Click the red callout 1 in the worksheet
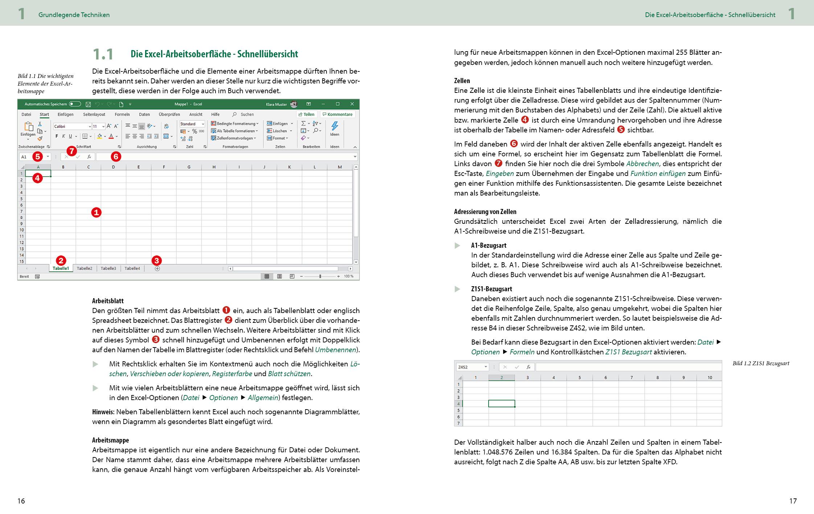96,213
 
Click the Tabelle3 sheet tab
108,268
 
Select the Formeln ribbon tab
122,114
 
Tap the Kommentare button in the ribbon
337,114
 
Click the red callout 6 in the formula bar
115,157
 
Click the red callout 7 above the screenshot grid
72,151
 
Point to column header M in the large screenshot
340,167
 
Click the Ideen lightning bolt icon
334,126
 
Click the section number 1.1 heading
103,54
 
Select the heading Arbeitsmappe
110,440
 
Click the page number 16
21,501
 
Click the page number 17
793,501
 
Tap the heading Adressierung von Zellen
485,211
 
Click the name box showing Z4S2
471,367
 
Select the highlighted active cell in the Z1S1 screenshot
501,403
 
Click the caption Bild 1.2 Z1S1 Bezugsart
761,363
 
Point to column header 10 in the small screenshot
710,378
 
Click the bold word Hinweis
103,412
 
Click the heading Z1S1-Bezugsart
492,289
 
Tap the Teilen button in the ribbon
307,114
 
